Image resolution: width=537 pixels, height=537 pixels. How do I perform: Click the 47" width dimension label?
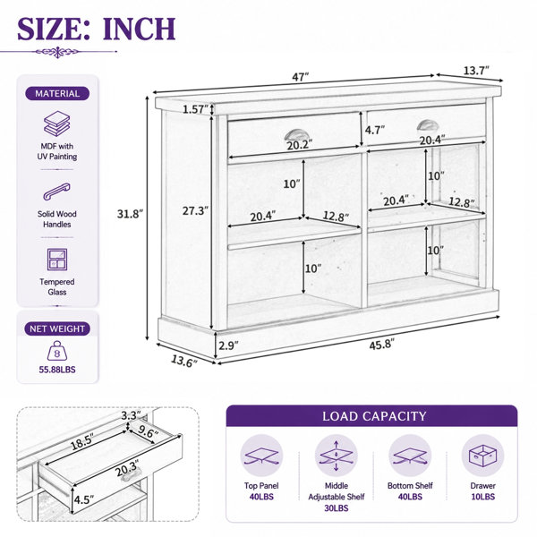pos(301,77)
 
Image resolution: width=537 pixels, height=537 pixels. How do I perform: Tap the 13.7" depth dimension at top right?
pos(476,71)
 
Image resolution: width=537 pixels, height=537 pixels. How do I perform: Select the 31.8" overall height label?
pos(130,214)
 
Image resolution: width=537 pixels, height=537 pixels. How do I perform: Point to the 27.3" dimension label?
pos(195,210)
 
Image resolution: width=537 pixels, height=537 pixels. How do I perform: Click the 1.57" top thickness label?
pos(195,109)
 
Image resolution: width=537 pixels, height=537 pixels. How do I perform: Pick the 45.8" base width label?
pos(382,345)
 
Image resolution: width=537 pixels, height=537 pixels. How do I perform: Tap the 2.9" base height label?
pos(228,345)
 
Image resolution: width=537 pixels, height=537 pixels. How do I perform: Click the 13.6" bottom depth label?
pos(184,362)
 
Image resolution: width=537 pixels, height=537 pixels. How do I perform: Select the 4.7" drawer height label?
pos(375,130)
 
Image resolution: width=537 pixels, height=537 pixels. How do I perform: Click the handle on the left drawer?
pos(296,134)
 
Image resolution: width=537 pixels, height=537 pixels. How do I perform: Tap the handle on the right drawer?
pos(428,125)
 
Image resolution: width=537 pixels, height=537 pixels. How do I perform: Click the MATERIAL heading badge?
pos(57,93)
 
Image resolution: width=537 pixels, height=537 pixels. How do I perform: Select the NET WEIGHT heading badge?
pos(57,328)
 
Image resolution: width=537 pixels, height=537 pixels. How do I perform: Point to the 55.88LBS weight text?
pos(57,370)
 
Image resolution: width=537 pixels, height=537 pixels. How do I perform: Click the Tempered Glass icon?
pos(57,260)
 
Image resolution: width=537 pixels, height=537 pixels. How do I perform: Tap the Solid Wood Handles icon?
pos(57,192)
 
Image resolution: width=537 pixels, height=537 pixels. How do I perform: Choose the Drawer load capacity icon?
pos(482,456)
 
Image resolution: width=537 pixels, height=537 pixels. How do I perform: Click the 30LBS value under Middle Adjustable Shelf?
pos(337,507)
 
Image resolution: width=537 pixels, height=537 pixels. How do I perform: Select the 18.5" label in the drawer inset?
pos(82,441)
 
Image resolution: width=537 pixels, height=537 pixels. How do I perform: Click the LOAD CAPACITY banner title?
pos(374,416)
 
